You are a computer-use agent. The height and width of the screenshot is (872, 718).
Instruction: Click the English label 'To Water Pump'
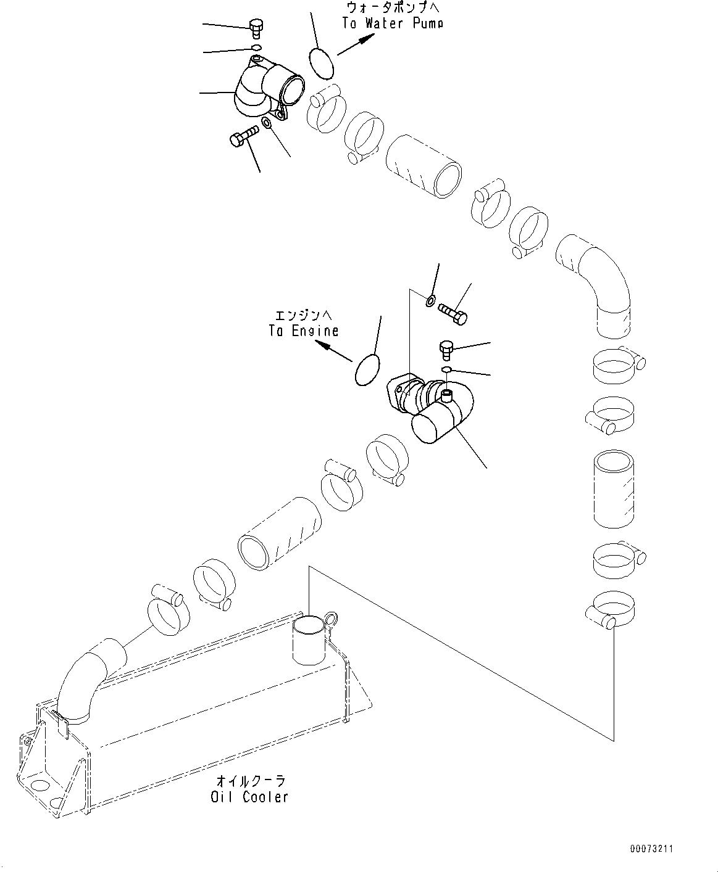[x=393, y=23]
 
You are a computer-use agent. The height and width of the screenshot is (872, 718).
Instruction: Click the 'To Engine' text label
[x=303, y=331]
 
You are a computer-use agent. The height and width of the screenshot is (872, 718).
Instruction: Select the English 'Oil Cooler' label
[x=249, y=797]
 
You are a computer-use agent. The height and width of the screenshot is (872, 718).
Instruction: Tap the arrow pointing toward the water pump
[x=356, y=44]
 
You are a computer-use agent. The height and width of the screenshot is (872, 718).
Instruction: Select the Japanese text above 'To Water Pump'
[x=393, y=8]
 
